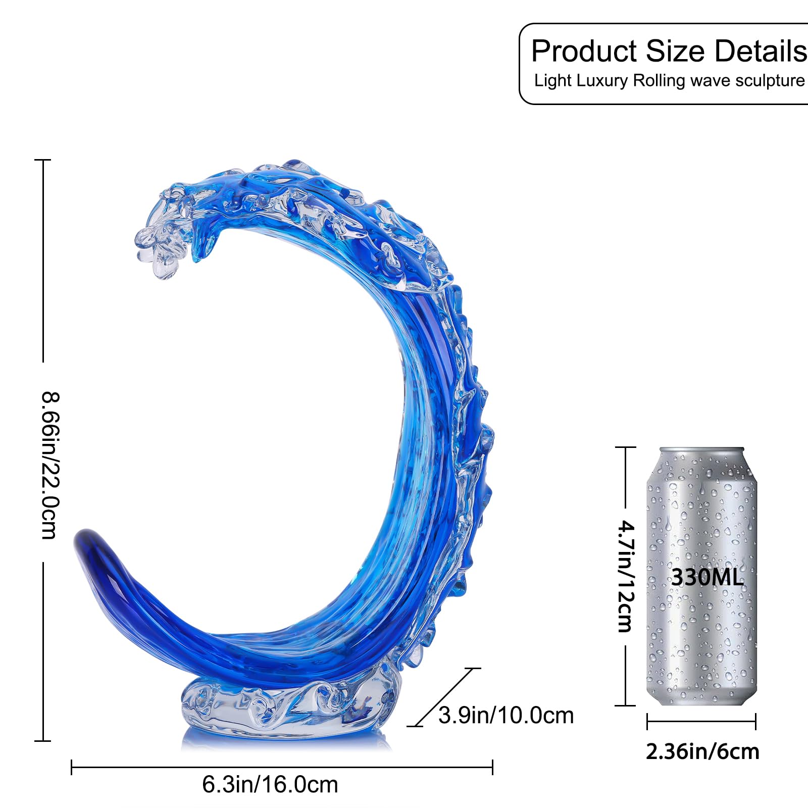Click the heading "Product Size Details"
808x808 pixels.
coord(670,51)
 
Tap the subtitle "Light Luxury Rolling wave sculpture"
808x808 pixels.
coord(670,80)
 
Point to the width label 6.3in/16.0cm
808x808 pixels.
coord(270,785)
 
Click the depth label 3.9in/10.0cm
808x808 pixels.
coord(506,715)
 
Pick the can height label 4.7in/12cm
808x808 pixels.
coord(626,576)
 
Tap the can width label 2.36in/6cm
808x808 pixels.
coord(702,752)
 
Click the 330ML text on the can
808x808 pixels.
coord(707,577)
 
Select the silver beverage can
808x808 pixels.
coord(702,576)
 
